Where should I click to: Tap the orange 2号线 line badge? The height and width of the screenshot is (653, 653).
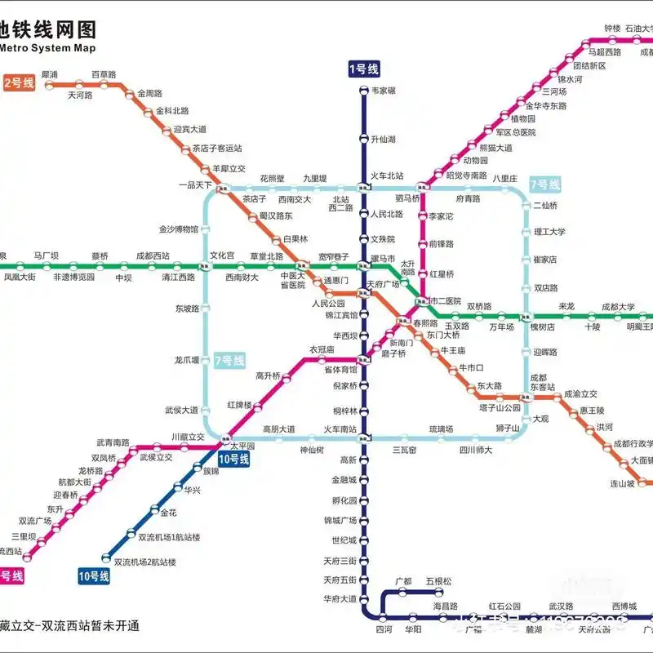pyautogui.click(x=19, y=82)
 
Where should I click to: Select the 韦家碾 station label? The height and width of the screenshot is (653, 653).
pyautogui.click(x=384, y=91)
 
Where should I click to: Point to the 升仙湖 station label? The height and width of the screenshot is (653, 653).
pyautogui.click(x=384, y=140)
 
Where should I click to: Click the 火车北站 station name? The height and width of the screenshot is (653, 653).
pyautogui.click(x=388, y=175)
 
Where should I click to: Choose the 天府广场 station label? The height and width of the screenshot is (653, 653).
pyautogui.click(x=383, y=284)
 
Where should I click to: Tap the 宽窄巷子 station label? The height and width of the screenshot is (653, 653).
pyautogui.click(x=333, y=256)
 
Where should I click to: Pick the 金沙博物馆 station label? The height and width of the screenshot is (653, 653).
pyautogui.click(x=178, y=229)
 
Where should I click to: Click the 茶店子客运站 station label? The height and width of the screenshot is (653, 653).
pyautogui.click(x=217, y=149)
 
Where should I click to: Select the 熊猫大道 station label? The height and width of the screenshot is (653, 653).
pyautogui.click(x=495, y=148)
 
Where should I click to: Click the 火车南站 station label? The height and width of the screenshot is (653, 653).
pyautogui.click(x=340, y=429)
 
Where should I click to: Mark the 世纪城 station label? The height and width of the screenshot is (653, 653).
pyautogui.click(x=344, y=540)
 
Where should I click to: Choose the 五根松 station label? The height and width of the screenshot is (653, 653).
pyautogui.click(x=438, y=581)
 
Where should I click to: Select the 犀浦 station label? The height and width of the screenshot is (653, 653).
pyautogui.click(x=49, y=74)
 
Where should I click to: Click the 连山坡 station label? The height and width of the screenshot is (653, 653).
pyautogui.click(x=623, y=483)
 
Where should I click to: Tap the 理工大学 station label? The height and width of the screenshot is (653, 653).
pyautogui.click(x=549, y=232)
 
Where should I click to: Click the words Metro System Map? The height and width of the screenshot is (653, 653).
pyautogui.click(x=48, y=48)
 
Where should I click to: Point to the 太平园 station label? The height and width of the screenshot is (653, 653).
pyautogui.click(x=242, y=446)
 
